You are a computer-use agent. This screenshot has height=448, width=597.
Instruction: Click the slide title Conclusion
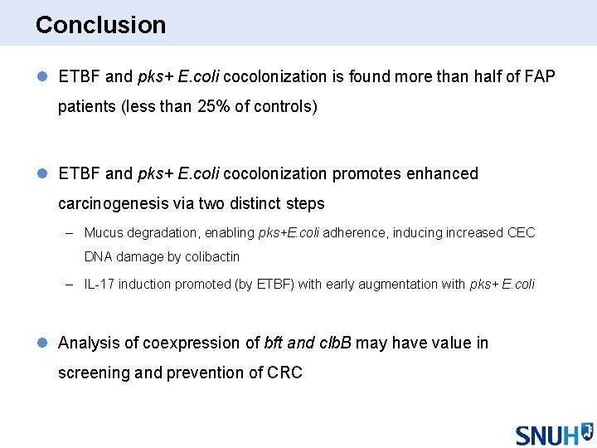100,25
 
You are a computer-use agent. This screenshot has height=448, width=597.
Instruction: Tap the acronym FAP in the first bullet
539,77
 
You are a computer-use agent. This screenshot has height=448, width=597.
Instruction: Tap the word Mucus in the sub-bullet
103,233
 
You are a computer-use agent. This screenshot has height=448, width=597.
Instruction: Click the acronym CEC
521,233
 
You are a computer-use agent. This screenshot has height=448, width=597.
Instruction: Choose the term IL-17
99,284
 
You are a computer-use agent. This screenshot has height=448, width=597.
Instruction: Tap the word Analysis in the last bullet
88,343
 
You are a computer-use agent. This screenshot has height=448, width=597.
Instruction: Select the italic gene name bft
273,343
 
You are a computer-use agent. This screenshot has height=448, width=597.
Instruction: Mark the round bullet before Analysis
42,343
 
